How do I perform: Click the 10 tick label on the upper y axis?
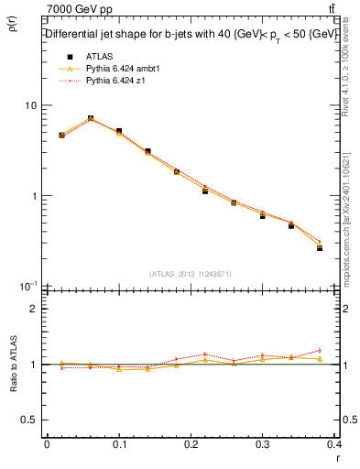pyautogui.click(x=30, y=106)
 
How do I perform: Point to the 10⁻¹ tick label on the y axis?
pyautogui.click(x=27, y=286)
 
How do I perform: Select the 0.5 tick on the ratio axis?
pyautogui.click(x=29, y=420)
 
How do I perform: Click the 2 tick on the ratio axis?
pyautogui.click(x=35, y=309)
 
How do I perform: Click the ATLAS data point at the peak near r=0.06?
pyautogui.click(x=90, y=118)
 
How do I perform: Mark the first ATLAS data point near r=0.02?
pyautogui.click(x=61, y=135)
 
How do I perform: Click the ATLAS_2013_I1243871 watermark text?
pyautogui.click(x=191, y=273)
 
